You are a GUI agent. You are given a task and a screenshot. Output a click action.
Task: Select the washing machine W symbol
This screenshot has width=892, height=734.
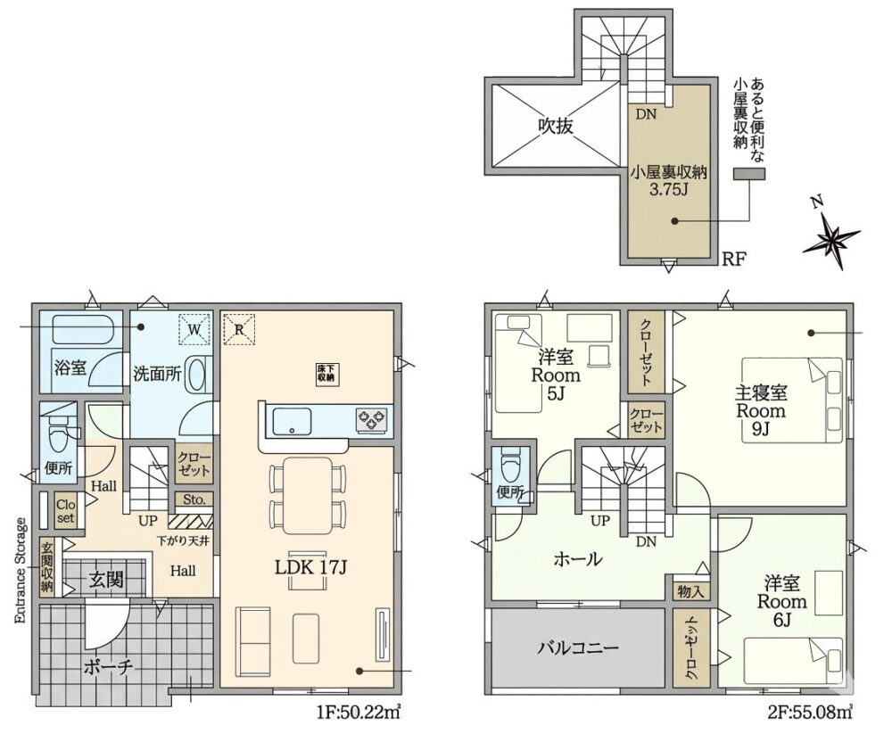(194, 329)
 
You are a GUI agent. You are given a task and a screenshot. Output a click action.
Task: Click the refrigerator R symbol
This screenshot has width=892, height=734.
(239, 329)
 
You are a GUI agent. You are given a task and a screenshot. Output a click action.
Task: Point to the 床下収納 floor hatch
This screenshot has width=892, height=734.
(326, 373)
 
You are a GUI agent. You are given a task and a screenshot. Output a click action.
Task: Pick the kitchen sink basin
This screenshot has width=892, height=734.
(292, 422)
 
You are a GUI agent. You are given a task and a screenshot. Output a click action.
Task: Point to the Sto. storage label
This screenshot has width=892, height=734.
(194, 499)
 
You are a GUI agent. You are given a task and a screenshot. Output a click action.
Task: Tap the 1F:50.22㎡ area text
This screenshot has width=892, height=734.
(359, 712)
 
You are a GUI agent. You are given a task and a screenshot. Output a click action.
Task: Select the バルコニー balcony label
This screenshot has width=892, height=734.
(578, 647)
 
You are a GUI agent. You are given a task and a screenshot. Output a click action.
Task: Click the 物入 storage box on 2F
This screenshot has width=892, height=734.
(691, 591)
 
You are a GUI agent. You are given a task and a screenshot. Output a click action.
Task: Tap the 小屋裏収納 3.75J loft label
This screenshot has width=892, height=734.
(669, 180)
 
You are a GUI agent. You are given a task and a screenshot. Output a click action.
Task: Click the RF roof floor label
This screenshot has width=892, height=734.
(733, 260)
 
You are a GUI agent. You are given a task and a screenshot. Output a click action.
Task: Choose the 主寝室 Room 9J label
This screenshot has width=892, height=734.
(761, 410)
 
